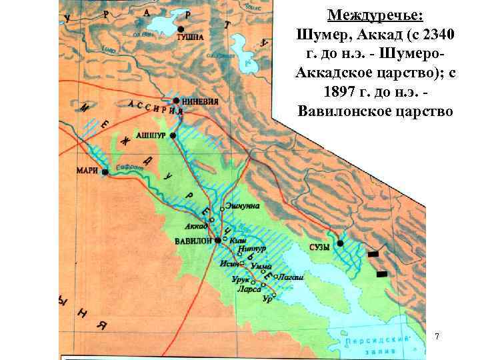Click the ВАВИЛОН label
click(x=193, y=240)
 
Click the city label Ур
click(x=267, y=299)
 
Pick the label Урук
click(x=241, y=279)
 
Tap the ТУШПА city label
click(x=190, y=37)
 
